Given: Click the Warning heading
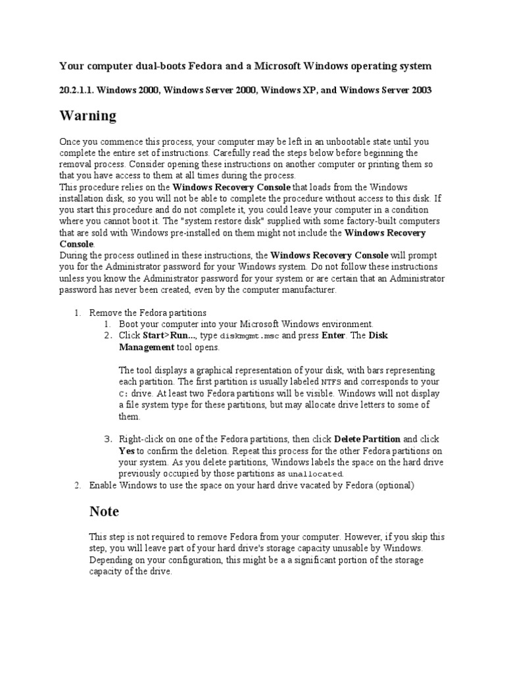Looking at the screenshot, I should pos(87,117).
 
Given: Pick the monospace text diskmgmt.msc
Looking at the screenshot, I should pos(249,336).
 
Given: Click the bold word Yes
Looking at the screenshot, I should pos(127,451).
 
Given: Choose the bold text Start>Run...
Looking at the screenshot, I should pos(162,336).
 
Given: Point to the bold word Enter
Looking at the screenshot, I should pos(333,336).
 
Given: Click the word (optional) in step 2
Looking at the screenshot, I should pos(392,486).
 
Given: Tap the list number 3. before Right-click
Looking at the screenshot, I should pos(108,439).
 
